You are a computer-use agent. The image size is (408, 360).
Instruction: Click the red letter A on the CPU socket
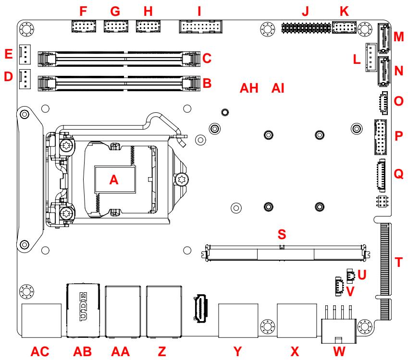(x=114, y=180)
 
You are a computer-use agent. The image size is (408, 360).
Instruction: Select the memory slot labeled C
(x=119, y=59)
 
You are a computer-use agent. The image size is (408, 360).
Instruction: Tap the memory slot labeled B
(x=119, y=83)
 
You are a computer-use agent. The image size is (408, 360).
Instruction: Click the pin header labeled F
(x=84, y=26)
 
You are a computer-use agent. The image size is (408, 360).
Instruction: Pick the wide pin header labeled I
(x=200, y=27)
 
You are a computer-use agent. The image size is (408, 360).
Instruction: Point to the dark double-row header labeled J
(x=306, y=27)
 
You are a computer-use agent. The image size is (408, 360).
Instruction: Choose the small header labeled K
(x=344, y=27)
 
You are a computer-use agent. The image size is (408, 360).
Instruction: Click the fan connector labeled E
(x=25, y=55)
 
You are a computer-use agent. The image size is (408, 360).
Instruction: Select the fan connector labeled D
(x=25, y=79)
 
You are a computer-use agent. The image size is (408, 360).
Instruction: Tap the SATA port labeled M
(x=383, y=38)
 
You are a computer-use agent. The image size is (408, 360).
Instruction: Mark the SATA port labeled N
(x=383, y=72)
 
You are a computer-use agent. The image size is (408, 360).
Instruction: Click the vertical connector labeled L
(x=371, y=58)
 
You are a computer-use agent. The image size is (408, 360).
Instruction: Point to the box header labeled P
(x=381, y=137)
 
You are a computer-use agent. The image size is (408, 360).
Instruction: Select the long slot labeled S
(x=286, y=252)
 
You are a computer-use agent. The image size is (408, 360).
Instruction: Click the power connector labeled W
(x=338, y=325)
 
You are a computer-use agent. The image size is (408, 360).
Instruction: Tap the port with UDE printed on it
(x=83, y=311)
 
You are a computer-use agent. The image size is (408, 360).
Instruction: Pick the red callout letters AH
(x=249, y=88)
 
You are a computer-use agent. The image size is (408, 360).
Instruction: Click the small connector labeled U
(x=350, y=276)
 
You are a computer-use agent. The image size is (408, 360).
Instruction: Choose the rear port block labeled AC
(x=41, y=321)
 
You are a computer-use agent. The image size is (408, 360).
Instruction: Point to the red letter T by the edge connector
(x=398, y=262)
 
